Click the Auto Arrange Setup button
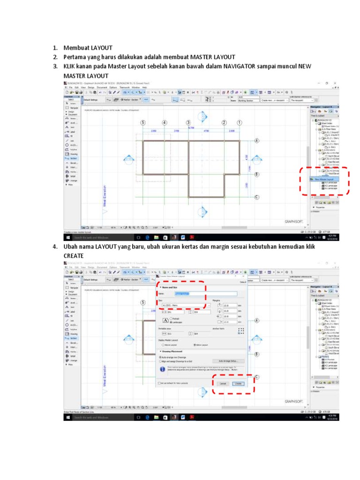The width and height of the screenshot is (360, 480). coord(228,361)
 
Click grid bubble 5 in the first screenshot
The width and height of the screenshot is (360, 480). coord(142,123)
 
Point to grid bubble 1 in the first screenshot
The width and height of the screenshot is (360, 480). coord(239,123)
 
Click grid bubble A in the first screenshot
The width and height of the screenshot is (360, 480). coord(257,141)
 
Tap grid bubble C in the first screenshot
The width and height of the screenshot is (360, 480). coord(257,197)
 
